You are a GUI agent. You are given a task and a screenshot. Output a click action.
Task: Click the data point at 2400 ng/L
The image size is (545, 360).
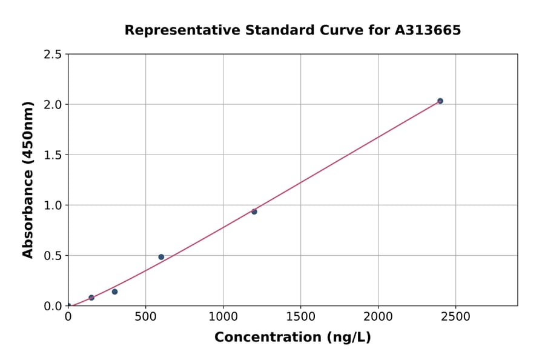click(x=440, y=101)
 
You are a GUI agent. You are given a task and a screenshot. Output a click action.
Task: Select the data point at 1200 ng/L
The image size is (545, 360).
click(x=254, y=212)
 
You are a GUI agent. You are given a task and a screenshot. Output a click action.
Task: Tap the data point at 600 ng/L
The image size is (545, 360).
click(x=161, y=257)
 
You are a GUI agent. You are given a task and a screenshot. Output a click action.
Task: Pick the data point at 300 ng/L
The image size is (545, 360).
click(x=114, y=292)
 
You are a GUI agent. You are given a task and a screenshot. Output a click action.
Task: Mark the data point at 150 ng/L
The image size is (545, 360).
click(x=91, y=298)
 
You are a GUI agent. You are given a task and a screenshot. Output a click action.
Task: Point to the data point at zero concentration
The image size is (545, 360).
click(x=68, y=305)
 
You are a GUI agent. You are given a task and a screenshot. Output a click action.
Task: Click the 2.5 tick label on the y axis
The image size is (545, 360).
click(x=53, y=55)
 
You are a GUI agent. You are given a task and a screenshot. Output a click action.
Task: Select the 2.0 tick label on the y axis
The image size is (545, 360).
click(x=53, y=105)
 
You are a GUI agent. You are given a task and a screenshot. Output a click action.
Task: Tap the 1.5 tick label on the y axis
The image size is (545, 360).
click(x=53, y=155)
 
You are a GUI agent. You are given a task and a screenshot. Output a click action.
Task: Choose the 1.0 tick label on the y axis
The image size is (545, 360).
click(x=53, y=205)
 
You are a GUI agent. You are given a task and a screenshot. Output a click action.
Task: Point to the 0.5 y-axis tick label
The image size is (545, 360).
click(x=53, y=256)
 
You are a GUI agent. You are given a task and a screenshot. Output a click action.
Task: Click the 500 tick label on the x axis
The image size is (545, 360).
click(x=145, y=316)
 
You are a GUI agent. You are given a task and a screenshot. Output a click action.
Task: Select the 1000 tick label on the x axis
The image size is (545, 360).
click(x=223, y=316)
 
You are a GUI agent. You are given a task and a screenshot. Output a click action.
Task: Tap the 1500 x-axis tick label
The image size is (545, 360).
click(x=300, y=316)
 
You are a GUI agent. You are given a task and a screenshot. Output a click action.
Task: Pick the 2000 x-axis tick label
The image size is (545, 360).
click(x=378, y=316)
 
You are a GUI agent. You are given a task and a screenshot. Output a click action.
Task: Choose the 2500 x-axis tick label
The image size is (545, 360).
click(x=456, y=316)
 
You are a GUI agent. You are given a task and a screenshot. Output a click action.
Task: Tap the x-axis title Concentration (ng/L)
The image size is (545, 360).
click(x=292, y=338)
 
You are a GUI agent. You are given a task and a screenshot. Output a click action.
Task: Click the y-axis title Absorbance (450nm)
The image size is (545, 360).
click(x=28, y=179)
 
